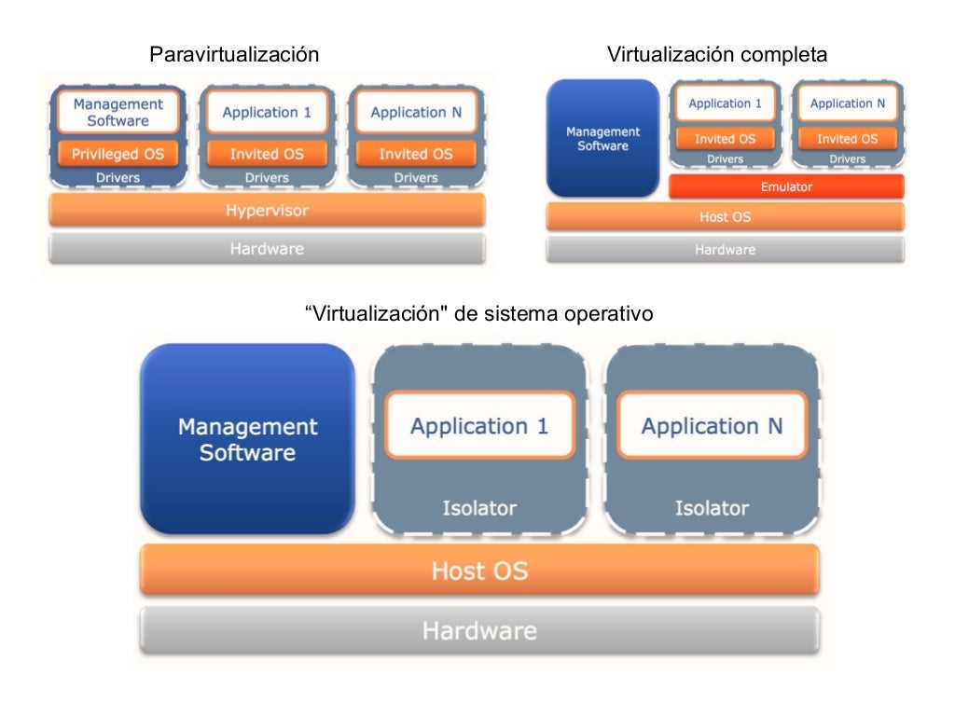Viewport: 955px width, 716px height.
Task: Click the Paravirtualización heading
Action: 234,55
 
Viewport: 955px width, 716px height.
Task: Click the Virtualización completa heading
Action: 716,55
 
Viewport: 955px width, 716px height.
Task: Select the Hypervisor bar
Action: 267,211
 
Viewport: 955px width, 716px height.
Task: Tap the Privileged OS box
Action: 118,154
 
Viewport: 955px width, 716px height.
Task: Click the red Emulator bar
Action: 786,186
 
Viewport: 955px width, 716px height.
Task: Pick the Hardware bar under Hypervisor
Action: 267,249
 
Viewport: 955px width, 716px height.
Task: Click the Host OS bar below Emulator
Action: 725,217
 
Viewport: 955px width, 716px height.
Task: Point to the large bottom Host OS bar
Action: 479,570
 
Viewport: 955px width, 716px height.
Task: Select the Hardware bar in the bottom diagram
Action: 479,630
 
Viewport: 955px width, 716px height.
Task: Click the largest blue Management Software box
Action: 247,439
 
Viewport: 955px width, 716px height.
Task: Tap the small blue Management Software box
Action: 602,139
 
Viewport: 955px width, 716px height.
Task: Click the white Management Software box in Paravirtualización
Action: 118,112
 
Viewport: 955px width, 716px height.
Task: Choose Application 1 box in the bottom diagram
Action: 479,426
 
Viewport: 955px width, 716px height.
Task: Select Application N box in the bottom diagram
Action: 712,426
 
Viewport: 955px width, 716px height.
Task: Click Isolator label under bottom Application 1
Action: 479,508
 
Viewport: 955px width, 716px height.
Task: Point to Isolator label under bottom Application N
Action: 712,508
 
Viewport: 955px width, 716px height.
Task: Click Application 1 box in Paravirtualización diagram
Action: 267,112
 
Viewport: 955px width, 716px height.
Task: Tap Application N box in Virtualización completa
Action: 847,103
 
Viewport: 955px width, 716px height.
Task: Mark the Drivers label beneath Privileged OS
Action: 118,177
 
